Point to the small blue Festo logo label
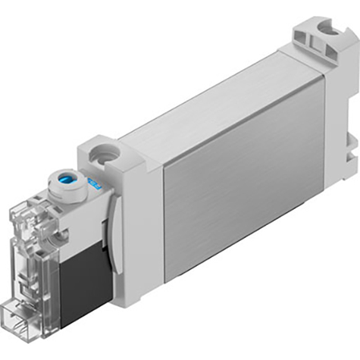94,185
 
